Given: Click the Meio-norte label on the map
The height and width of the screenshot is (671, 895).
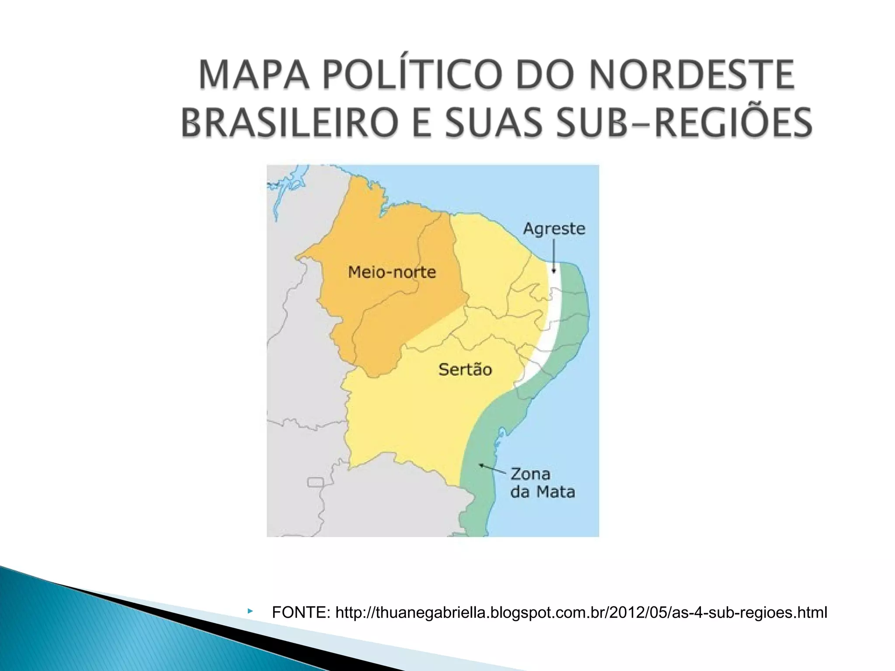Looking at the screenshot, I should click(392, 272).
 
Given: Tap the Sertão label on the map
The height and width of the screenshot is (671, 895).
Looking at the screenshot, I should click(465, 370).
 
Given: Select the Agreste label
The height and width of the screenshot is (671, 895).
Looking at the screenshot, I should click(554, 228).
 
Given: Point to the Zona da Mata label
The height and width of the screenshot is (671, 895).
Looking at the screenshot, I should click(542, 483).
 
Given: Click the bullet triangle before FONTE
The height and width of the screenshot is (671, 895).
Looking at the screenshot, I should click(250, 610).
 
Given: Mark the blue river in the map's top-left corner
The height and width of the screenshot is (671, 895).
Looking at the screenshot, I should click(280, 192).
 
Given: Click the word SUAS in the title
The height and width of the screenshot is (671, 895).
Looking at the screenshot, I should click(498, 122).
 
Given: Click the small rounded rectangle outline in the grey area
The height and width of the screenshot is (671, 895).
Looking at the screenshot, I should click(316, 482).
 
